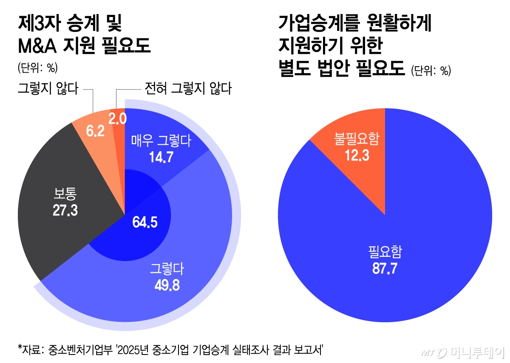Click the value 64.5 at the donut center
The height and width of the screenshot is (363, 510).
[x=145, y=222]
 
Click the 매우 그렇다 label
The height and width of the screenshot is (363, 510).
[x=161, y=140]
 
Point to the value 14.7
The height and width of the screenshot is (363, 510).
[x=161, y=157]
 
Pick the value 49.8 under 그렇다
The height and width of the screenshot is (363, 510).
[x=167, y=285]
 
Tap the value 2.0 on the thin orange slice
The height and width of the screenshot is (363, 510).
[x=117, y=119]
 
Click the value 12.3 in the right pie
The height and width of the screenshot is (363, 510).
[x=357, y=155]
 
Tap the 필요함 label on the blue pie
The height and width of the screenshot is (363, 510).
[x=385, y=253]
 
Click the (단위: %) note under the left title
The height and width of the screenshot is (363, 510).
[x=37, y=68]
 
